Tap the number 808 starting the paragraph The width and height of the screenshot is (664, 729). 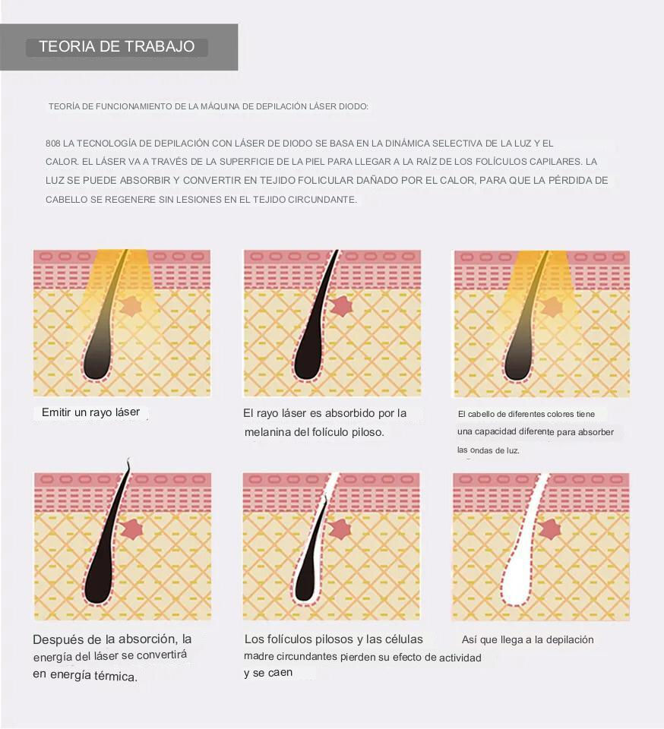click(52, 144)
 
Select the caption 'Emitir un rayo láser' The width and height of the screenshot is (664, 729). click(90, 412)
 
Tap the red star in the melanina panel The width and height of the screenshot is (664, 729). click(342, 306)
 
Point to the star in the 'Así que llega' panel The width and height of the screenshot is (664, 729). click(550, 529)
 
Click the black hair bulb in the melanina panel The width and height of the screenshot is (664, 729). click(308, 359)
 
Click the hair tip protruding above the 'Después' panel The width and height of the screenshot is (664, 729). click(128, 463)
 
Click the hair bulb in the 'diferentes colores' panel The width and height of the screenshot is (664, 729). click(518, 360)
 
